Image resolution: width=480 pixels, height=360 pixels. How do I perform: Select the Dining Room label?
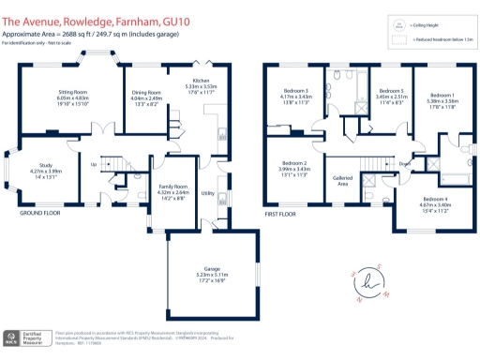click(x=145, y=94)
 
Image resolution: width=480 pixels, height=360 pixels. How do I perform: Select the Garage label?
click(x=213, y=270)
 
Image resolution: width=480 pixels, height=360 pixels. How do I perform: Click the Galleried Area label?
click(x=342, y=181)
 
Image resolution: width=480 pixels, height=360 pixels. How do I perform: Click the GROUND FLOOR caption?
click(x=40, y=213)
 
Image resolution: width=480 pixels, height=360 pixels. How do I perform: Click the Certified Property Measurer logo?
click(x=24, y=338)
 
